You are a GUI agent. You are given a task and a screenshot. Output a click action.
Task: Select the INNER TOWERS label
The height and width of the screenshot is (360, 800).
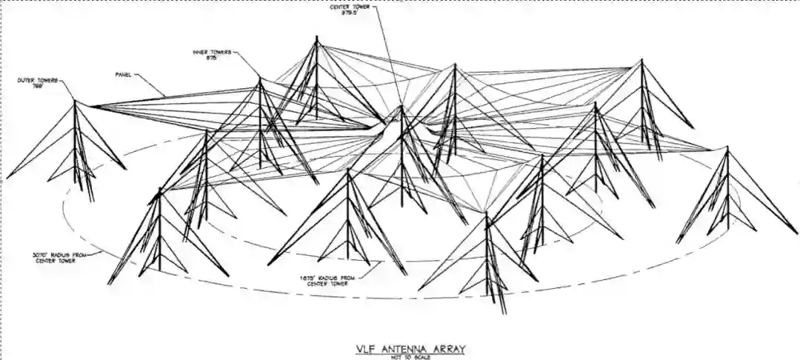[x=212, y=53]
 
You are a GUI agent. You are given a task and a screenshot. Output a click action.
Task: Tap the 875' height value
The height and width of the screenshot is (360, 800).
[x=210, y=59]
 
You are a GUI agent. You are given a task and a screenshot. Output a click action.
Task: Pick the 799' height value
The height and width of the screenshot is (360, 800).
[x=38, y=86]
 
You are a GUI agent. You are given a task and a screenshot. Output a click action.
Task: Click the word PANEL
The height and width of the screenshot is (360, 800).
[x=123, y=74]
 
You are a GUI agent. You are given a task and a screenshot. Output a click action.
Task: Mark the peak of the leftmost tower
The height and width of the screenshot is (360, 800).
[x=74, y=101]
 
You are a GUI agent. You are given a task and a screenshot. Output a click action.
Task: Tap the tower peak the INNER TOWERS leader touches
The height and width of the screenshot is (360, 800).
[x=259, y=78]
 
